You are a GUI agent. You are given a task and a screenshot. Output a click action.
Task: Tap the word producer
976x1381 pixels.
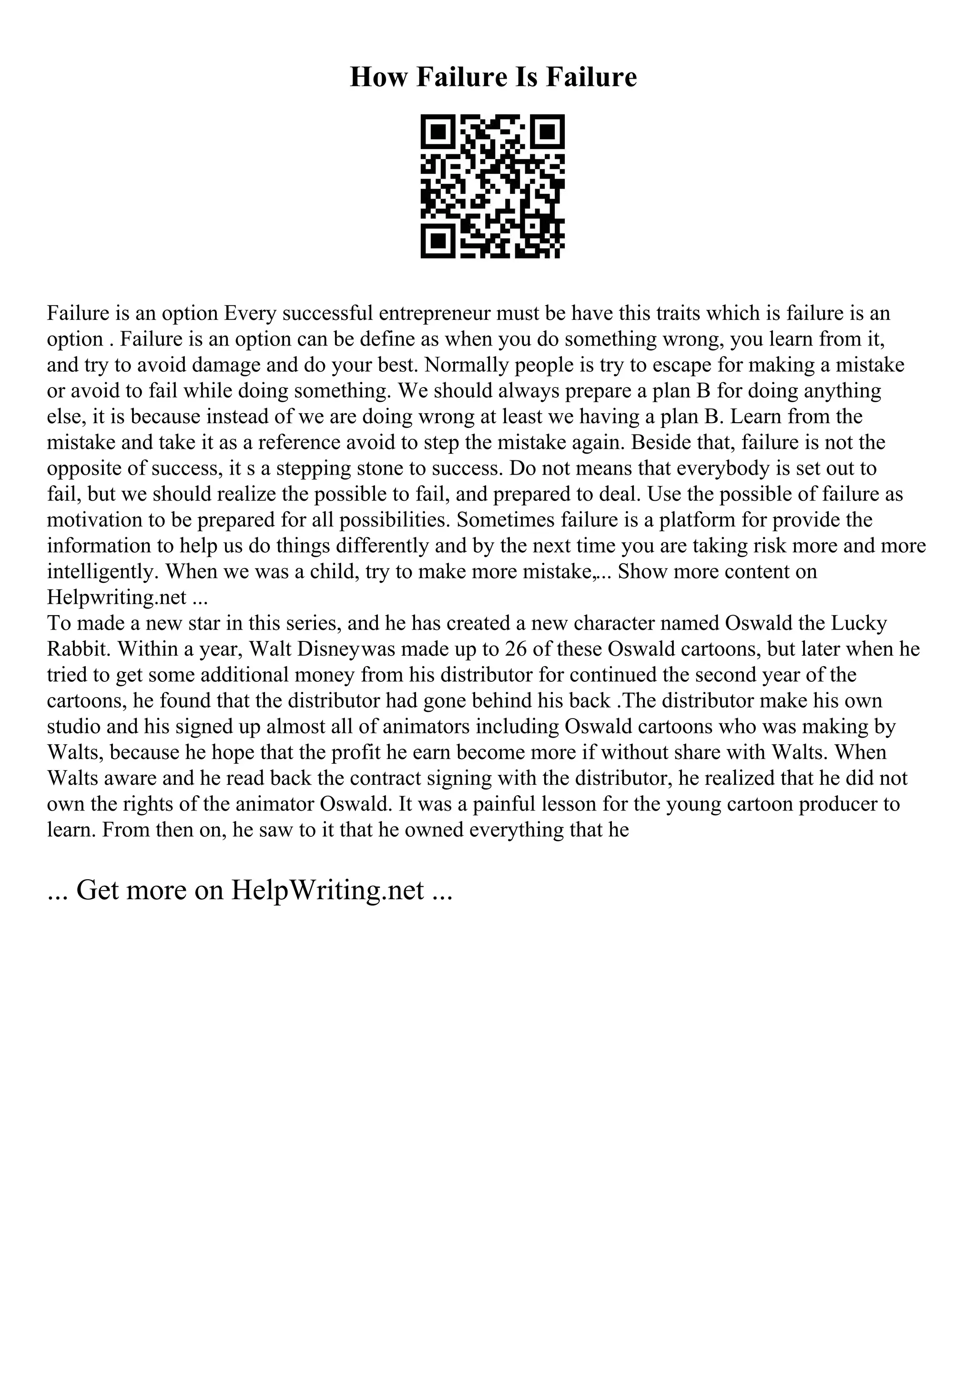click(x=839, y=804)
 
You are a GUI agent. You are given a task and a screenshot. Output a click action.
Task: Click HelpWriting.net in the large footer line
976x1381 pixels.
click(x=327, y=890)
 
